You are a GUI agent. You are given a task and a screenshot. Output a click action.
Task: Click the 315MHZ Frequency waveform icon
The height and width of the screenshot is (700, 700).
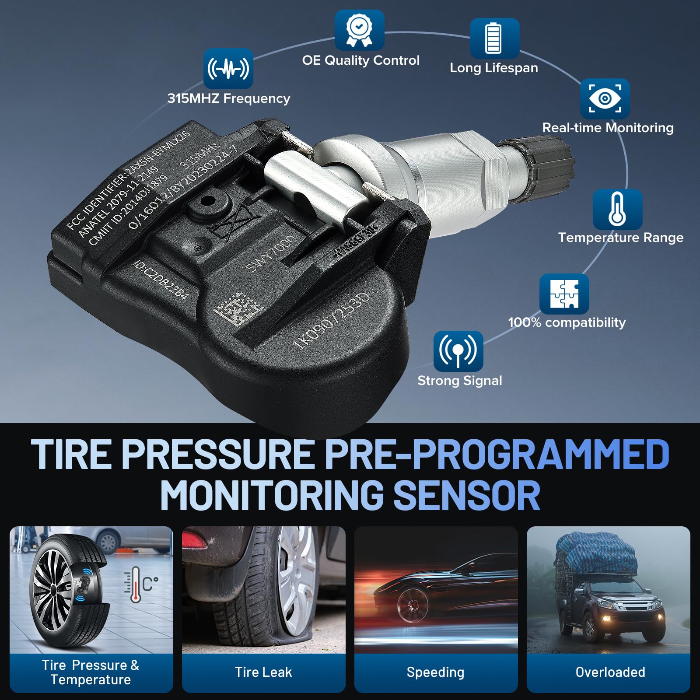[228, 69]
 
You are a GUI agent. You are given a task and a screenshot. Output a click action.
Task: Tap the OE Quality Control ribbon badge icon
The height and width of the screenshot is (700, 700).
[359, 30]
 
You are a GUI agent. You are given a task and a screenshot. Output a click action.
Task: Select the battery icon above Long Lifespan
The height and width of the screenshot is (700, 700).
[494, 38]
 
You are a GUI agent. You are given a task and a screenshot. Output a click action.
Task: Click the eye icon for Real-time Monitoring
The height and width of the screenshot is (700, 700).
[605, 98]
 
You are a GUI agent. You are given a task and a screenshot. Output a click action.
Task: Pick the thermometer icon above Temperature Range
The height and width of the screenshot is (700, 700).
[617, 209]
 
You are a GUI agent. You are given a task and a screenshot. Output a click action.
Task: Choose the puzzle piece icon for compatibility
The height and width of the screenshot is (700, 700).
[564, 294]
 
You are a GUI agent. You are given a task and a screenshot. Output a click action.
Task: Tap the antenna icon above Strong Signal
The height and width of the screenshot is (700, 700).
[458, 351]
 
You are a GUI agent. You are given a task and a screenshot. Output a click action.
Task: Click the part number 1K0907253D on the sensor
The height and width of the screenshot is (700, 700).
[331, 321]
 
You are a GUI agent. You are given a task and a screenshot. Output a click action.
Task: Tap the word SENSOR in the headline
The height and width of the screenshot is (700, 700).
[467, 496]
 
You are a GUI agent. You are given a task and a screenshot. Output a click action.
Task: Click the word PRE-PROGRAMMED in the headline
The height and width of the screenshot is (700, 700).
[497, 455]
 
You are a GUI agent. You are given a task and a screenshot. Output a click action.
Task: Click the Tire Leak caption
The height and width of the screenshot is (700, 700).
[263, 672]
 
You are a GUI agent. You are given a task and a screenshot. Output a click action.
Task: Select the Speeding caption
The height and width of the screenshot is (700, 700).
[435, 672]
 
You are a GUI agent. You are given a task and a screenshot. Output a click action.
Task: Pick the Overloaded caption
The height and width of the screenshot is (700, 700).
[610, 672]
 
